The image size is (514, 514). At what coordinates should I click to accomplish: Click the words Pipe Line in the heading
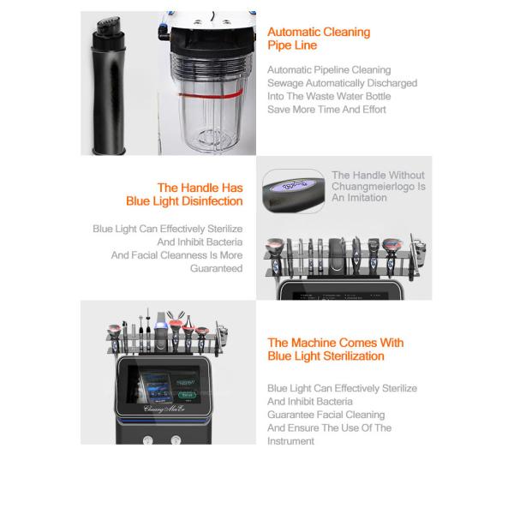(292, 45)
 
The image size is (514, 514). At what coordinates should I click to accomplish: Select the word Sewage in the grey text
(285, 83)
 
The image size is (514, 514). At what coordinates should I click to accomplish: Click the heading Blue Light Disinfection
(184, 201)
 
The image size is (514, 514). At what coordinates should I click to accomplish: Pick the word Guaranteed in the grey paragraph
(216, 268)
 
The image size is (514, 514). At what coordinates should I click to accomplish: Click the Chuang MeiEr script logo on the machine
(164, 410)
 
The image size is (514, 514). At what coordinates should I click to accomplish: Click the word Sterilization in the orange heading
(349, 356)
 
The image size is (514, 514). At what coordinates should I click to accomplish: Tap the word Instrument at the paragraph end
(291, 441)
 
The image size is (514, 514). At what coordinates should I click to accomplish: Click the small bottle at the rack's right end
(221, 331)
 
